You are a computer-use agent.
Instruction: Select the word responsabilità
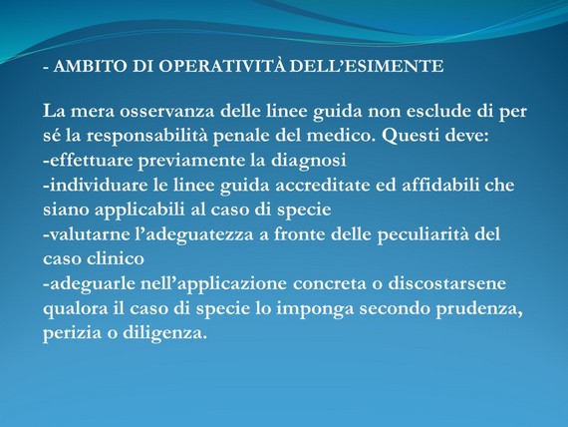pos(147,137)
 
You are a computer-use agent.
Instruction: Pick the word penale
pos(241,137)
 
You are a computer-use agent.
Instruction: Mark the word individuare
pos(96,185)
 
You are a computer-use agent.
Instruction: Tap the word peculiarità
pos(423,235)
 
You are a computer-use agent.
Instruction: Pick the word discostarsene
pos(447,283)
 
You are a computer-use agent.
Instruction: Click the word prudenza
pos(479,309)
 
